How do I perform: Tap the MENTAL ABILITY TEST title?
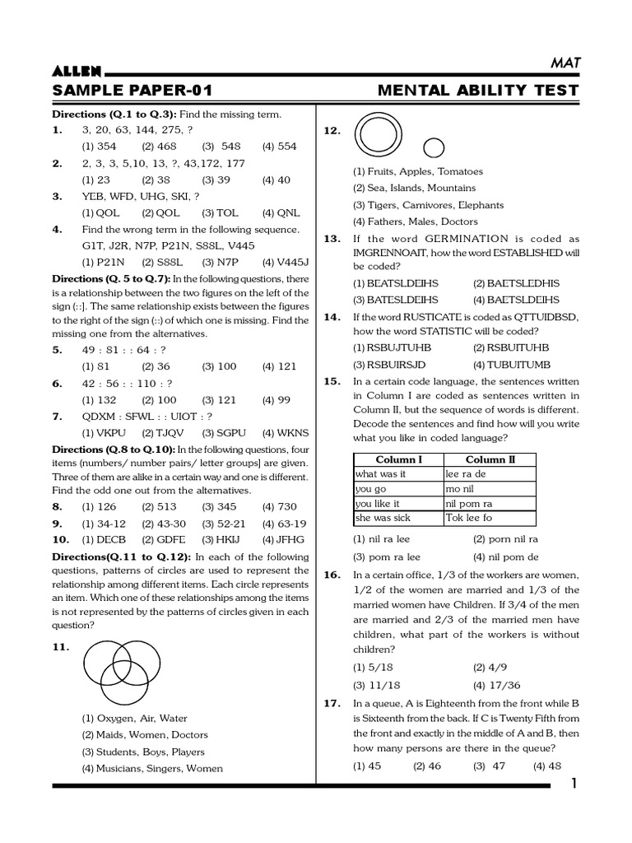[x=477, y=91]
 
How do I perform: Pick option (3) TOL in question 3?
[x=220, y=212]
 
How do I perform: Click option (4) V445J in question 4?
[x=285, y=262]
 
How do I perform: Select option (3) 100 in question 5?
[x=219, y=366]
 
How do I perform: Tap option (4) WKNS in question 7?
[x=286, y=433]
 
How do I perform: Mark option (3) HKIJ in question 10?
[x=219, y=540]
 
